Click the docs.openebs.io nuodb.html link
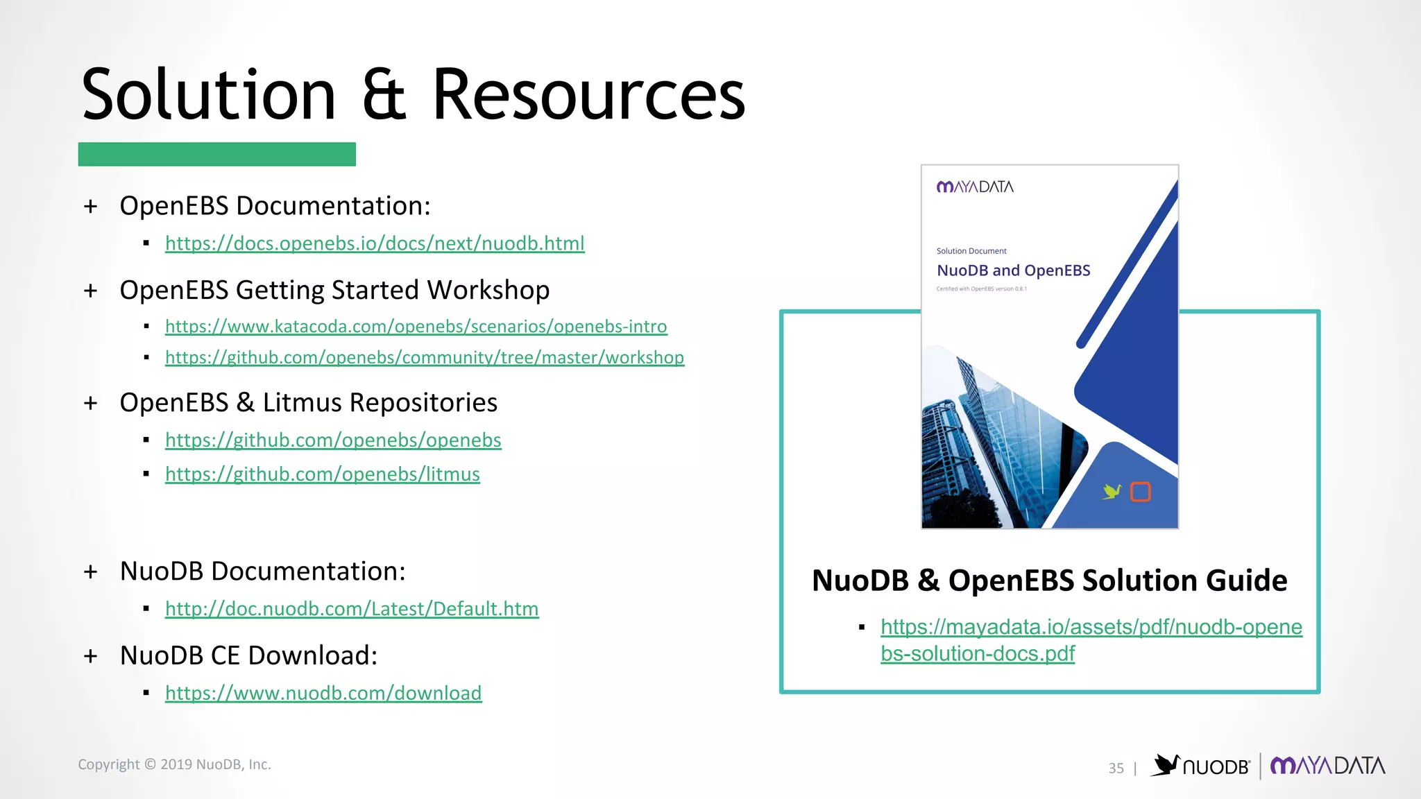pos(375,243)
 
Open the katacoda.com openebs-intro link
pos(416,326)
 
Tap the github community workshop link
pos(425,357)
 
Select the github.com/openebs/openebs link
pos(333,440)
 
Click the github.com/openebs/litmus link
pos(323,474)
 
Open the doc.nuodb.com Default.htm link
pos(352,609)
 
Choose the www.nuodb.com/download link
pos(323,693)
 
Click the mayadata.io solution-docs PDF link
pos(1091,628)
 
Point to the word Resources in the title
pos(588,95)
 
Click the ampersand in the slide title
pos(384,95)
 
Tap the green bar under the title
pos(216,154)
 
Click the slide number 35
pos(1116,768)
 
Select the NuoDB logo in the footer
pos(1200,766)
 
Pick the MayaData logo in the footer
pos(1327,766)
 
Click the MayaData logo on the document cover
pos(975,187)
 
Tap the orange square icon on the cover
pos(1141,492)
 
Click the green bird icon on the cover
pos(1112,491)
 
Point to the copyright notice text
pos(174,764)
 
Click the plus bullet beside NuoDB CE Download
pos(90,656)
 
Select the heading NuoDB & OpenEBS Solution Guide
pos(1049,581)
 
